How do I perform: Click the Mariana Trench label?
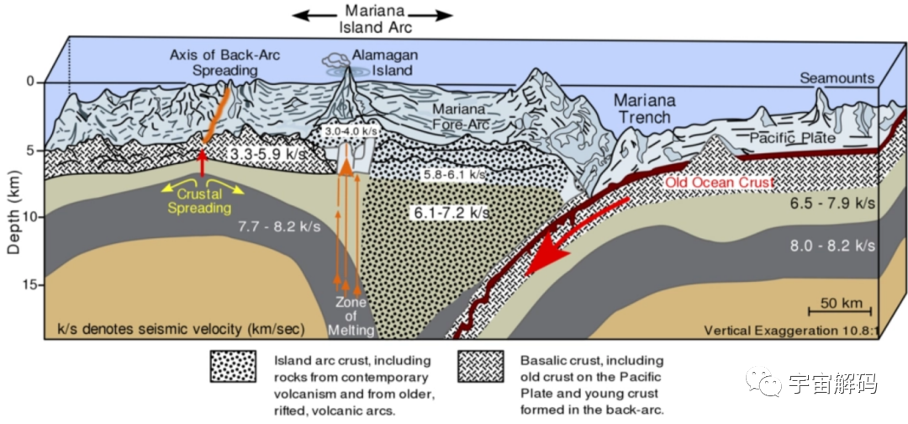[645, 109]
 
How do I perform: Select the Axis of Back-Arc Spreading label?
[224, 62]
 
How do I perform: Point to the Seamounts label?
[837, 78]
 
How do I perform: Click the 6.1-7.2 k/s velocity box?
[450, 213]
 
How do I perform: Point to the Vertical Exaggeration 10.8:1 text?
[790, 330]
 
